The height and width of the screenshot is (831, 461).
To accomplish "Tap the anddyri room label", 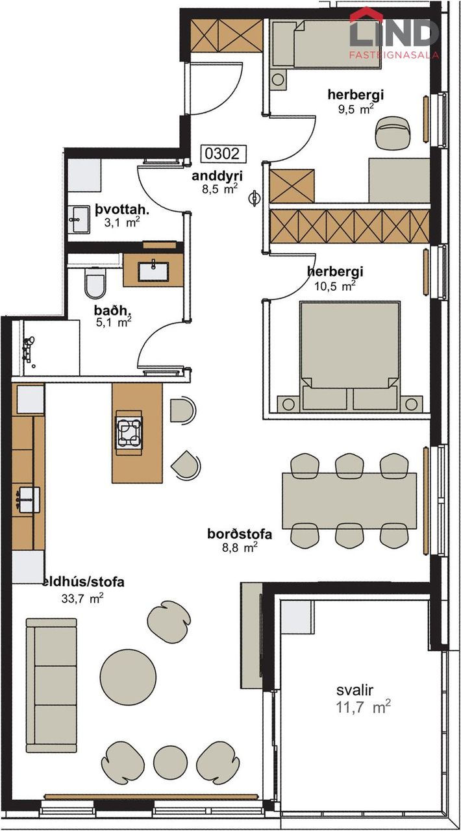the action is click(217, 176).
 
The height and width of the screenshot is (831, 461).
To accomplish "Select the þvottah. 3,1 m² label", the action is click(122, 216).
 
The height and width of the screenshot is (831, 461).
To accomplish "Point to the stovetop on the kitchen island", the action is click(129, 433).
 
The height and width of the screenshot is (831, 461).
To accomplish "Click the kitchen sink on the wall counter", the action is click(28, 500).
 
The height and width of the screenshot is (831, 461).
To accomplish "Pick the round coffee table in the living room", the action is click(128, 676).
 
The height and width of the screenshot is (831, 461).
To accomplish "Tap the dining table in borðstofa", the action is click(349, 501).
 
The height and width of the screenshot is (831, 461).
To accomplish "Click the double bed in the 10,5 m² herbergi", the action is click(350, 357).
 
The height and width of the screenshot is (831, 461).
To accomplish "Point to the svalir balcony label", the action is click(355, 690).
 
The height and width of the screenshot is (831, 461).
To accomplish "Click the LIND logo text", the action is click(394, 32).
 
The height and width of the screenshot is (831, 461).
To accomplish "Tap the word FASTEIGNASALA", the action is click(394, 55).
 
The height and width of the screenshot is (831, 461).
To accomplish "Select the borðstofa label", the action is click(240, 534).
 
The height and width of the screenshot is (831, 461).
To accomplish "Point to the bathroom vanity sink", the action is click(153, 271).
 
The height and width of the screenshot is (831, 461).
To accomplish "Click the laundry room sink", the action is click(79, 219).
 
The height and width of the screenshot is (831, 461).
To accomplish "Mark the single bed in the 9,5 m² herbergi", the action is click(327, 45).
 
